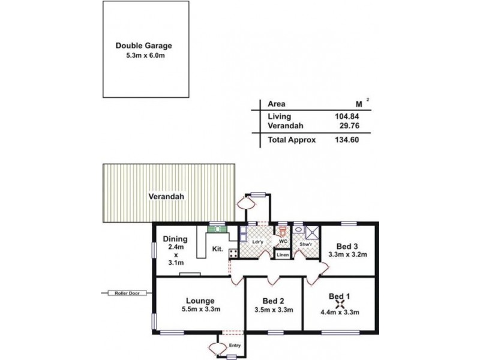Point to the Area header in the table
point(275,103)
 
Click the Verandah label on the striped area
point(167,196)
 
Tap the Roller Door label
point(124,293)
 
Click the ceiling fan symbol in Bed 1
point(339,304)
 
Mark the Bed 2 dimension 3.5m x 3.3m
point(272,310)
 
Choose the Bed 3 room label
point(347,245)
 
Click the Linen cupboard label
point(283,255)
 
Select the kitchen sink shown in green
point(216,228)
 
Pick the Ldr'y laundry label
point(259,242)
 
